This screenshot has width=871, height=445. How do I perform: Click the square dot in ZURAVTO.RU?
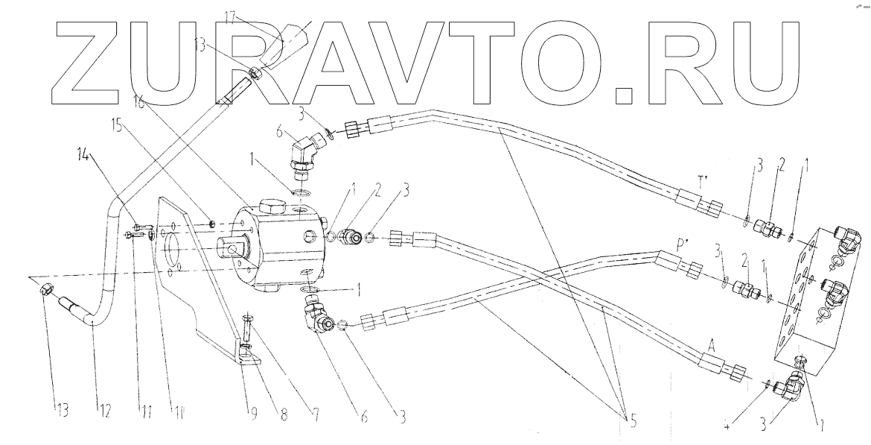coord(626,95)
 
